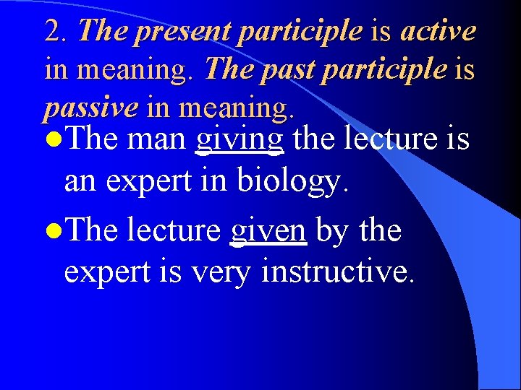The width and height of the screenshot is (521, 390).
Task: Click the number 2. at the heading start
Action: (57, 31)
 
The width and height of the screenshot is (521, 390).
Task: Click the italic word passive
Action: (90, 108)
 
